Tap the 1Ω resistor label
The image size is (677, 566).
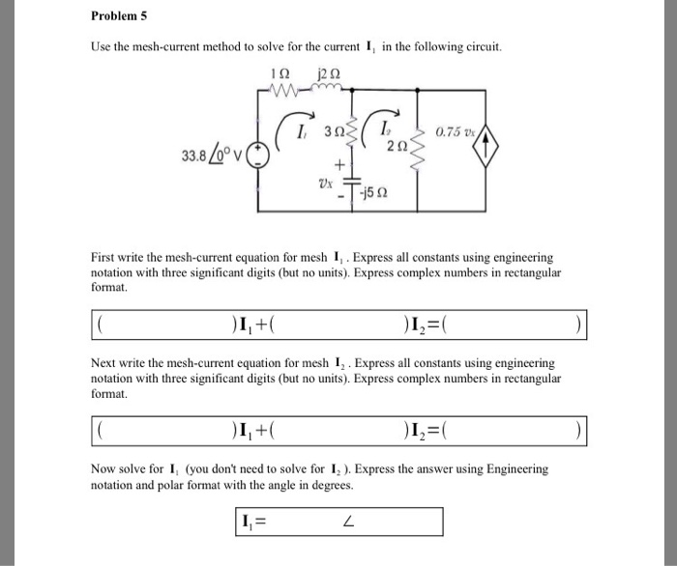pos(283,70)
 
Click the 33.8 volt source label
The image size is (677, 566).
pos(212,155)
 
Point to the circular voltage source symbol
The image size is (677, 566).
pos(257,155)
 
